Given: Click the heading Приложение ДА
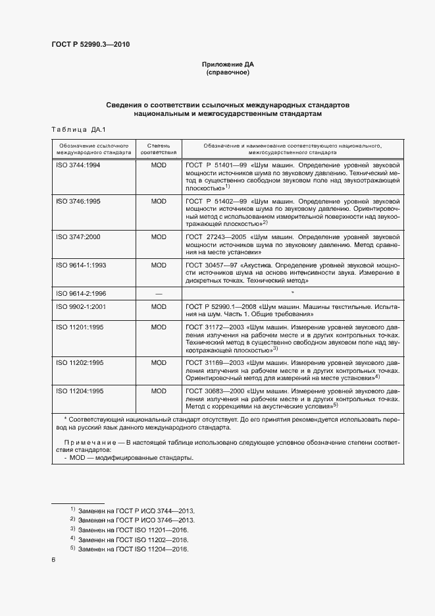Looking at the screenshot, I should click(x=227, y=65).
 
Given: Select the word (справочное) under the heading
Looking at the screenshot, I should click(x=227, y=72).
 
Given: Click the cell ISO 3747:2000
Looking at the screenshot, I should click(x=78, y=237).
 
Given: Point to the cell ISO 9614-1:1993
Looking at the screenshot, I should click(x=80, y=265).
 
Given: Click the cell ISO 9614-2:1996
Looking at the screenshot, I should click(x=80, y=293).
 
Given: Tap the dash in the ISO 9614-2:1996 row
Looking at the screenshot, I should click(x=159, y=294).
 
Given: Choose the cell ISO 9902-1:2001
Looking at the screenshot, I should click(x=80, y=307).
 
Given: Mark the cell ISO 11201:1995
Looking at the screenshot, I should click(x=80, y=327).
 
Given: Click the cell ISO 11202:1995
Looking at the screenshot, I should click(x=80, y=363).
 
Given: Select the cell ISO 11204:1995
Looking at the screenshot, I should click(x=80, y=391).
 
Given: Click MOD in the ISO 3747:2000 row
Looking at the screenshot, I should click(x=159, y=237).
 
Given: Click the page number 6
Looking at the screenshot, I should click(x=53, y=560).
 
